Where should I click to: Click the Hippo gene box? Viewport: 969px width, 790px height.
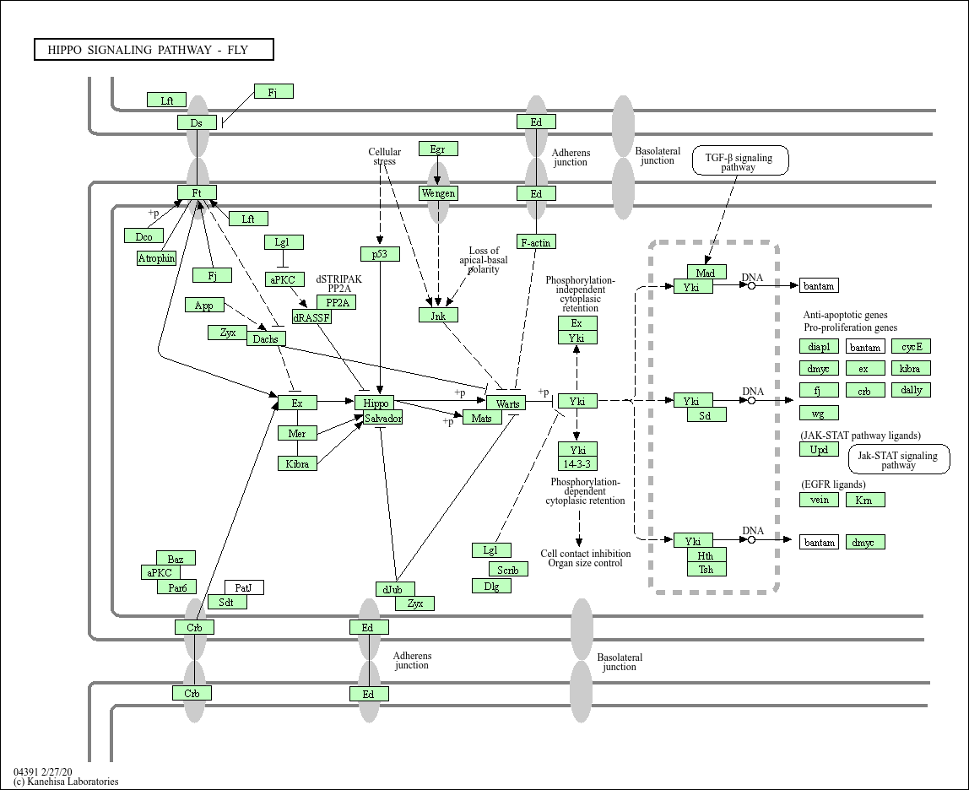pyautogui.click(x=374, y=403)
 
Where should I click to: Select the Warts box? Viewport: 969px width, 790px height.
pyautogui.click(x=506, y=403)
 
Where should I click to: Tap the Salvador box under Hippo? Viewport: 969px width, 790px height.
pyautogui.click(x=383, y=418)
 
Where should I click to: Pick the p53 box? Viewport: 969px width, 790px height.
pyautogui.click(x=380, y=253)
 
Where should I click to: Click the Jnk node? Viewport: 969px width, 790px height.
pyautogui.click(x=438, y=315)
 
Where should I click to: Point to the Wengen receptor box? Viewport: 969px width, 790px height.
pyautogui.click(x=438, y=193)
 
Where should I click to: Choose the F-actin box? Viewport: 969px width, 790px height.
pyautogui.click(x=536, y=242)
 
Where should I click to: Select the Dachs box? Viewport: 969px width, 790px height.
pyautogui.click(x=267, y=338)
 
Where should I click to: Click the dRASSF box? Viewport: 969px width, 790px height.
pyautogui.click(x=311, y=317)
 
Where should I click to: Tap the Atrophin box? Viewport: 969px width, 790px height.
pyautogui.click(x=156, y=258)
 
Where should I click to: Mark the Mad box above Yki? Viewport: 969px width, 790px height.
pyautogui.click(x=706, y=273)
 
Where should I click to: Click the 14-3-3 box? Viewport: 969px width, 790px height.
pyautogui.click(x=577, y=463)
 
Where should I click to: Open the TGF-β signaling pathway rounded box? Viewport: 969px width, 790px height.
pyautogui.click(x=740, y=160)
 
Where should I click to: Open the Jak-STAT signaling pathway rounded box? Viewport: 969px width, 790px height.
pyautogui.click(x=898, y=460)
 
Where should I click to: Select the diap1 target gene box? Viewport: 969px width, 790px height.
pyautogui.click(x=819, y=347)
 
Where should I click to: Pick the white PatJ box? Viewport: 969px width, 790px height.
pyautogui.click(x=244, y=587)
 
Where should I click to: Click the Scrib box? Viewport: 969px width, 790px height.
pyautogui.click(x=508, y=570)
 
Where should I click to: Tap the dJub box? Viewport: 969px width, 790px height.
pyautogui.click(x=395, y=589)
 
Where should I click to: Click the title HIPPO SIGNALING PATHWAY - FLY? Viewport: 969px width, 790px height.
pyautogui.click(x=154, y=50)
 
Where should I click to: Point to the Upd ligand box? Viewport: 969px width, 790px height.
pyautogui.click(x=819, y=450)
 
